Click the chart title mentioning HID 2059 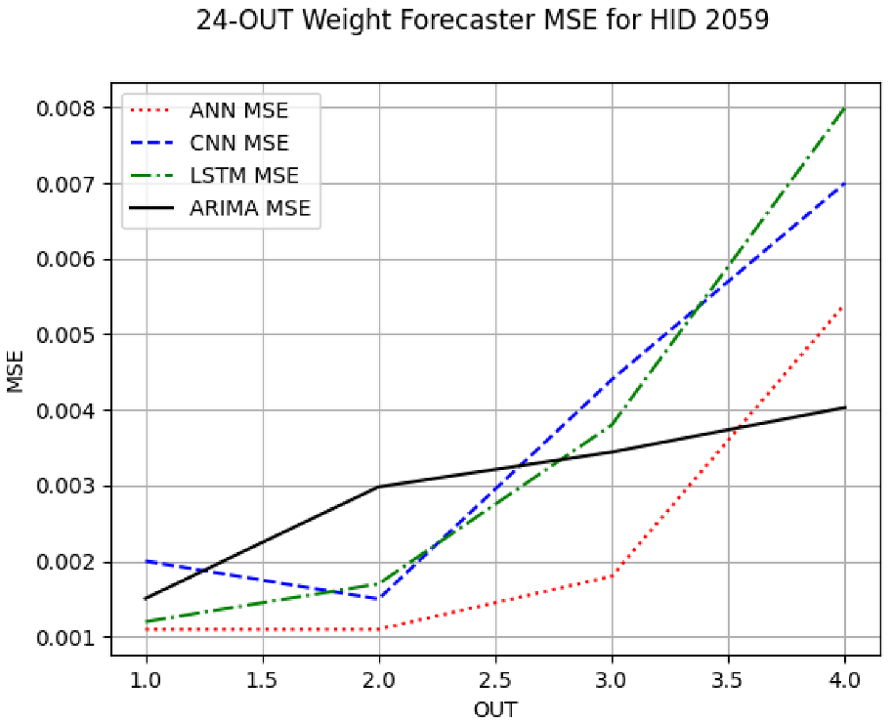483,21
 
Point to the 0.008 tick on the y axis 68,108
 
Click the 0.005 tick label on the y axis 68,335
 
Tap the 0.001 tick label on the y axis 68,638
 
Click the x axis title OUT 495,708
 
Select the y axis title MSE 16,373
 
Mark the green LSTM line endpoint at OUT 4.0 845,108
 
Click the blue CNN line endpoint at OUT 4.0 845,184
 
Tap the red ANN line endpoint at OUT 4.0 845,306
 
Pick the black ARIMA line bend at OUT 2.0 379,487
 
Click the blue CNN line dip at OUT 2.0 379,599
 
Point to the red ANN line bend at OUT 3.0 612,576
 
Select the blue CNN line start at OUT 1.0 147,561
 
